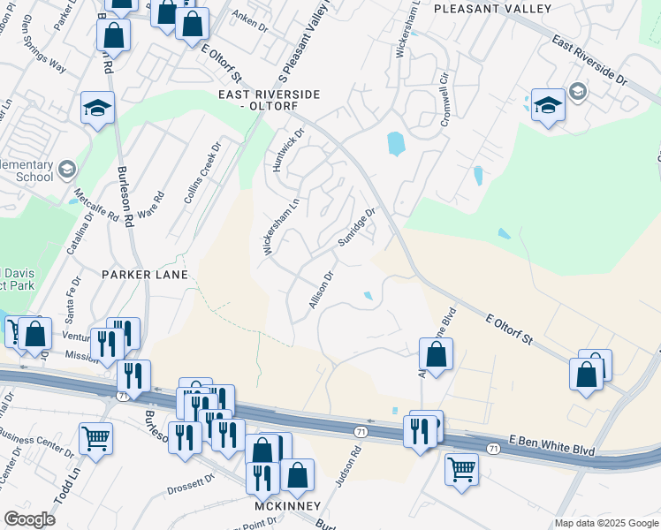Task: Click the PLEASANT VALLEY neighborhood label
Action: (493, 9)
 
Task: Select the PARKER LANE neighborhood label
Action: (145, 275)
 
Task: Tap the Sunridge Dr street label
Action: (356, 228)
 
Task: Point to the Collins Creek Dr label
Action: (201, 173)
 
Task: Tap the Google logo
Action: (29, 519)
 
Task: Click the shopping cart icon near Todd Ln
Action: (95, 437)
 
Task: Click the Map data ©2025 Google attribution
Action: (605, 523)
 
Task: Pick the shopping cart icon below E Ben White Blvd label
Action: (461, 468)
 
